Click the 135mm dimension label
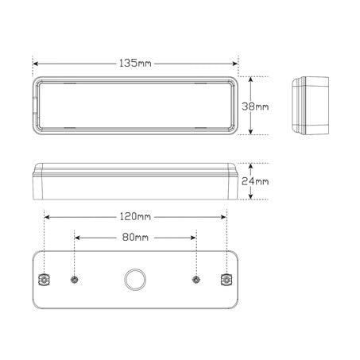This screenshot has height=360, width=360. (x=135, y=60)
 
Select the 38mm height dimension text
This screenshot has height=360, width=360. (x=259, y=106)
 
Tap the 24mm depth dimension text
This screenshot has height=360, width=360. (x=259, y=183)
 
